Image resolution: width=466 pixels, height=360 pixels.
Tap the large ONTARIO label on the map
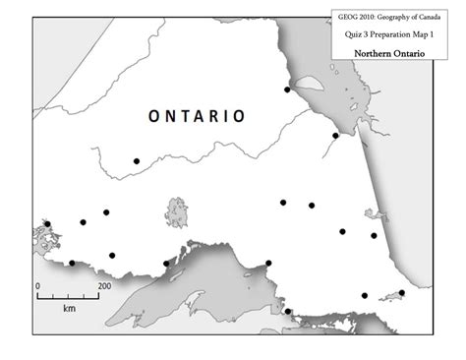(x=197, y=116)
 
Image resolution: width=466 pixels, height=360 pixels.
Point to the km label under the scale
(x=69, y=308)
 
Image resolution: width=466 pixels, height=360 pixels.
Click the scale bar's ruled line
(x=69, y=296)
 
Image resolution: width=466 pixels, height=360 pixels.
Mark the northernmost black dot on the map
(x=288, y=90)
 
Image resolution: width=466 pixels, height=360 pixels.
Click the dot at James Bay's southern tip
(x=335, y=136)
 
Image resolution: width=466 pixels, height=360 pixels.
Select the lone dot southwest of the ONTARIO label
(x=137, y=160)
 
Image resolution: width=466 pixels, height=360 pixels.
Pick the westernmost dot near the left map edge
(x=47, y=224)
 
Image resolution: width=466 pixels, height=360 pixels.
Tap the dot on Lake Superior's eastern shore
(x=268, y=263)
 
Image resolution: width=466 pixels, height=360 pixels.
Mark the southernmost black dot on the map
(x=289, y=313)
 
